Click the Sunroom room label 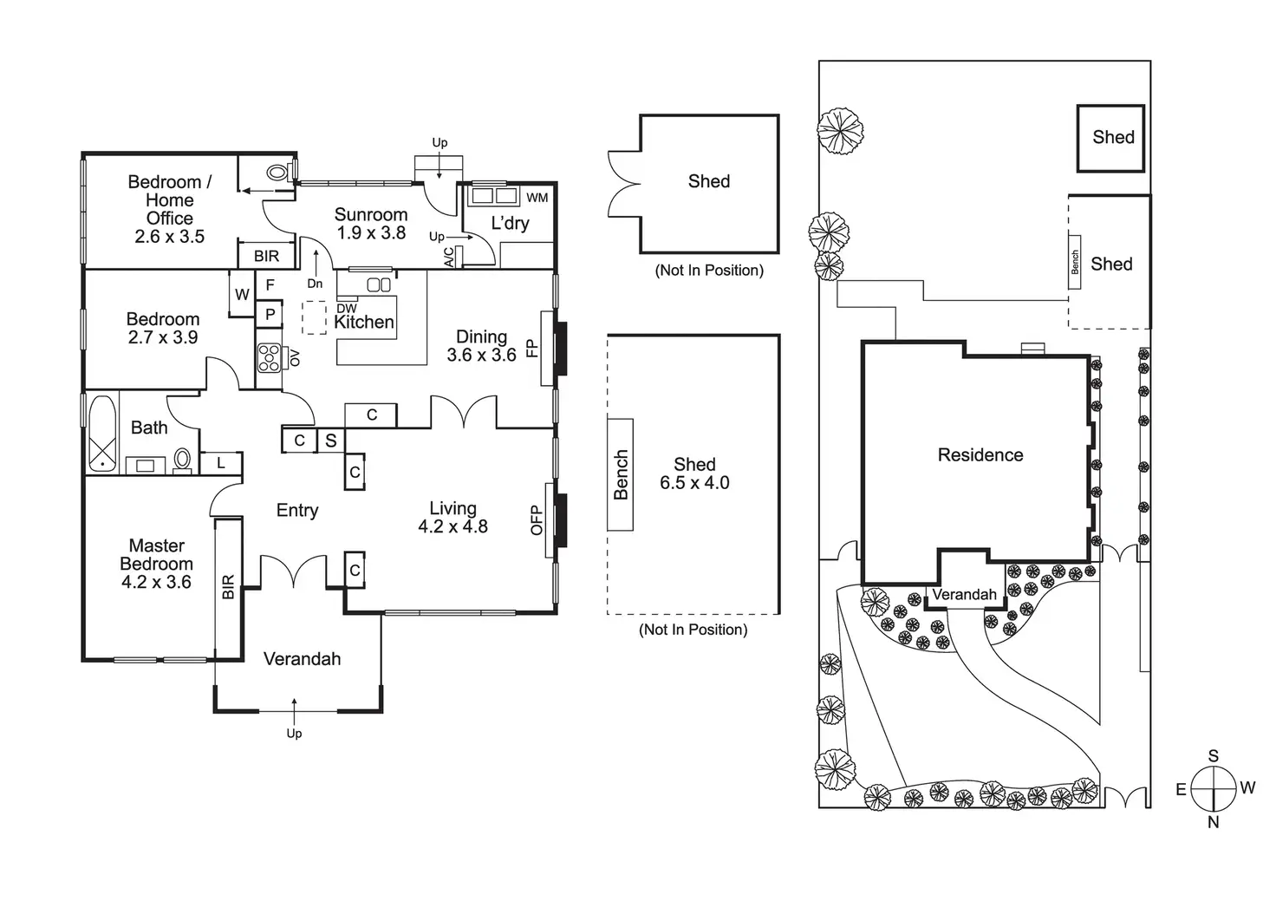371,215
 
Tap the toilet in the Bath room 182,459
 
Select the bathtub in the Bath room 102,434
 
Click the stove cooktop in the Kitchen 269,358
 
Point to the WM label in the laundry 537,198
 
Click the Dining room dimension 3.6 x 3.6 481,355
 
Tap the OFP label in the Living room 537,520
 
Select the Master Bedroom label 157,554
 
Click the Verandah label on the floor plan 302,659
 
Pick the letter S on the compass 1214,755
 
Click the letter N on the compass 1214,822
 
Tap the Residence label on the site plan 980,454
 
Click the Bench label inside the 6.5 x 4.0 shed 621,474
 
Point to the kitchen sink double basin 379,284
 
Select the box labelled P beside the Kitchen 270,314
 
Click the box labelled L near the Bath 221,463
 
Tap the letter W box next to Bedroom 242,294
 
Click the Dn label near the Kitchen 315,284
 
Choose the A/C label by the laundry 449,257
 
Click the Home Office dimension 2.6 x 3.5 169,237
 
